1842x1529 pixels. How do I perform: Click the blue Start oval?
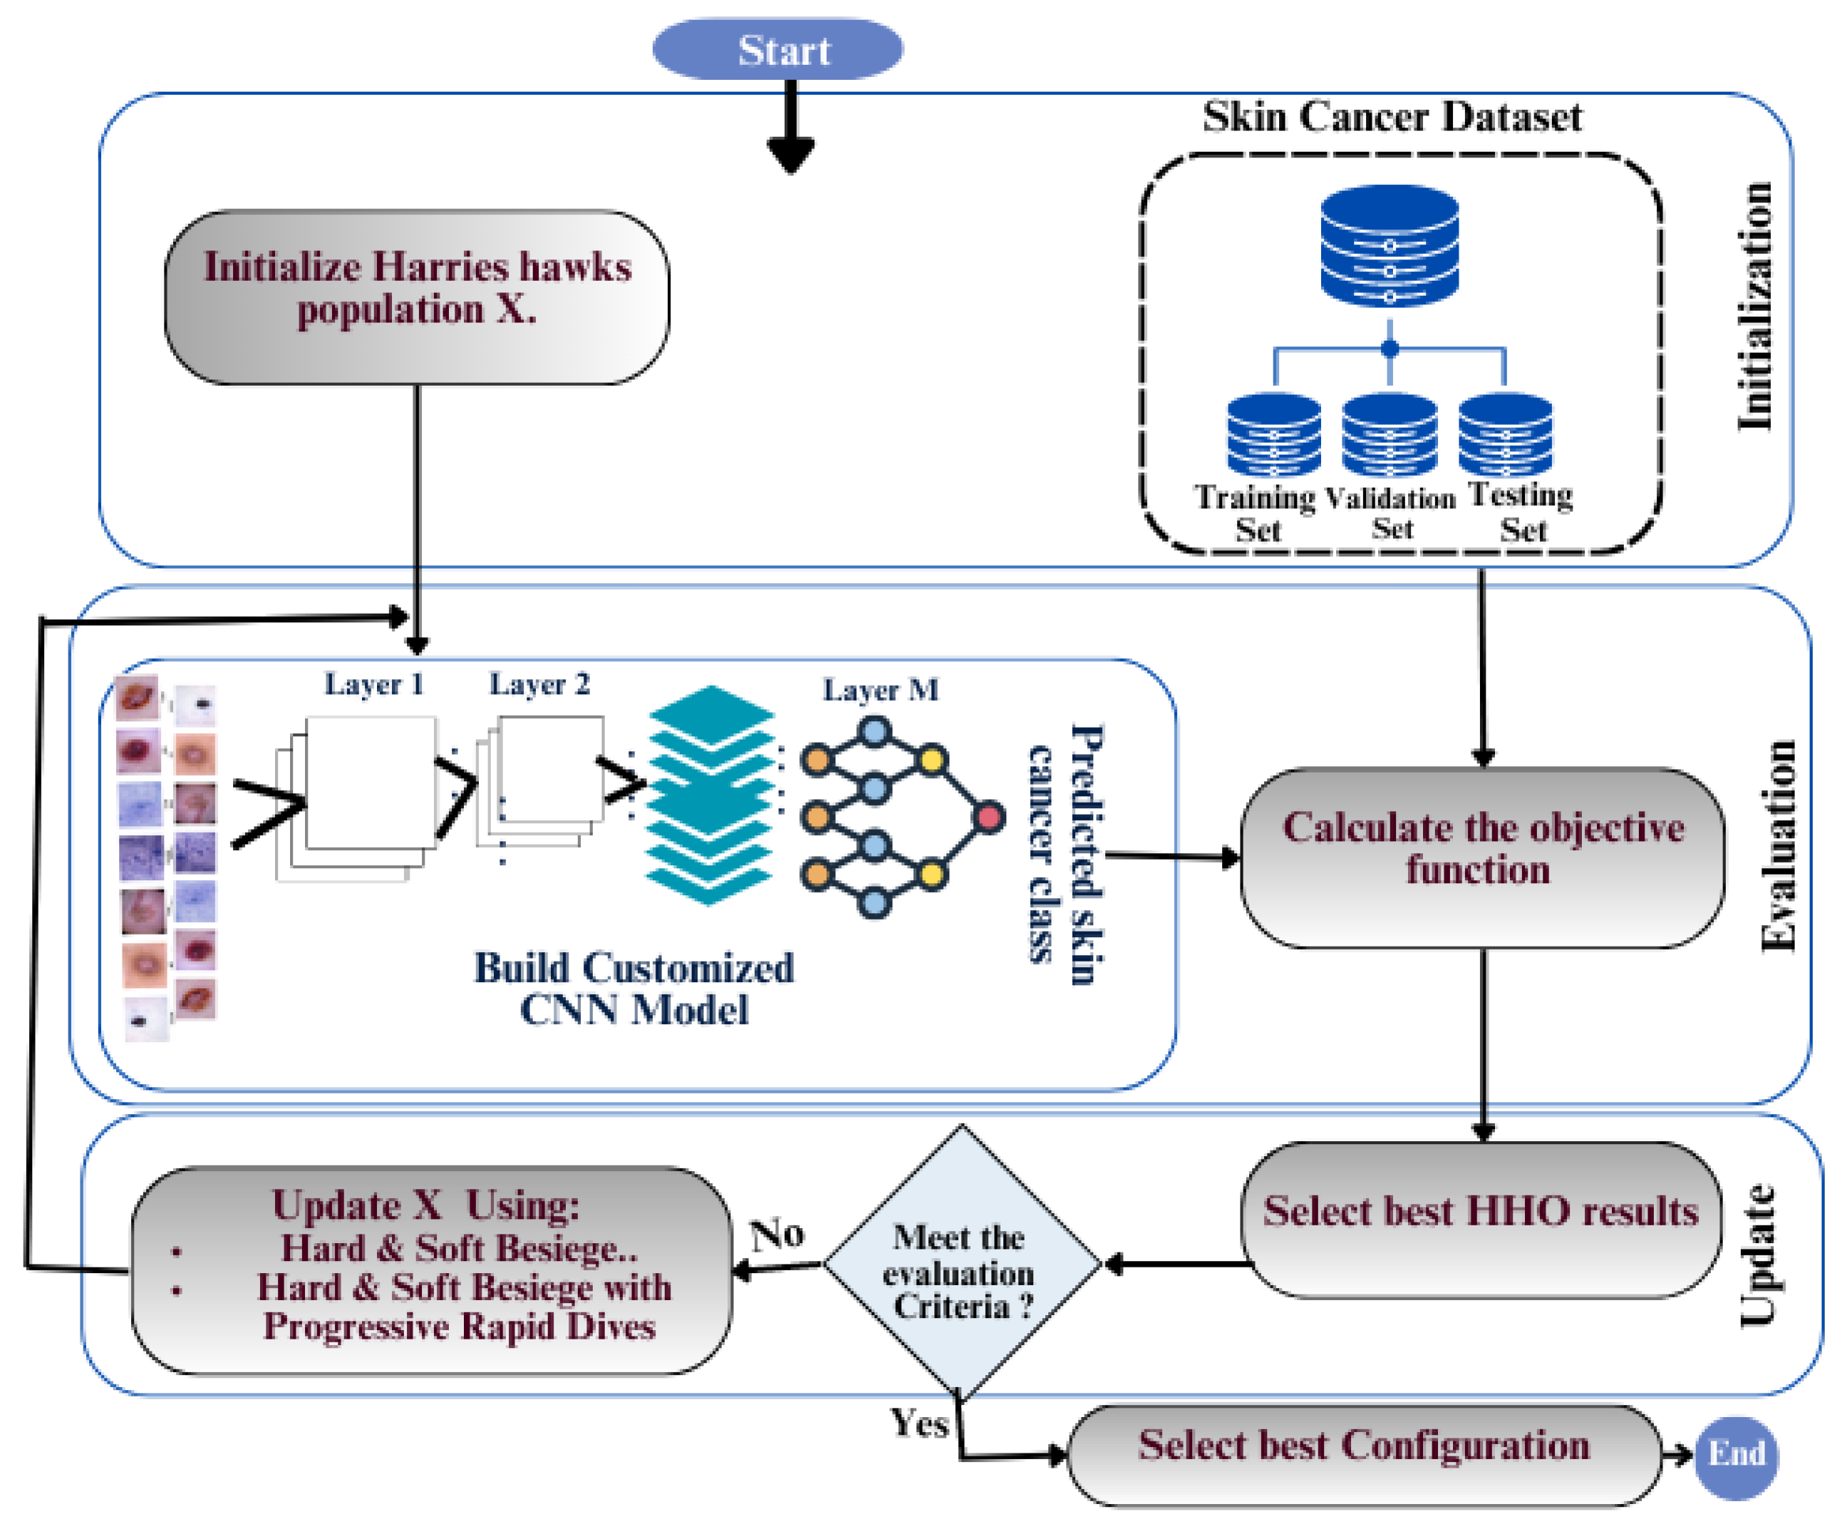[777, 49]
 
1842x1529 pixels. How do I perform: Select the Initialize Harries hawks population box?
[417, 297]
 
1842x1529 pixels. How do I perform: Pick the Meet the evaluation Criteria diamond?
[961, 1263]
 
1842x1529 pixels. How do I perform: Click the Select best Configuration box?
[1364, 1456]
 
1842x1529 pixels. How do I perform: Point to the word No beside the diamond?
[777, 1235]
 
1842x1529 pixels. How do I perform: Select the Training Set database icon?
[1273, 433]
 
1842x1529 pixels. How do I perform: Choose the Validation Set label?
[1390, 513]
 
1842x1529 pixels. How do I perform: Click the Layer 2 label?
[539, 684]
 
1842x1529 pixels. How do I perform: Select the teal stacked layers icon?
[710, 795]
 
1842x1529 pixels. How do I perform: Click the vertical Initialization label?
[1754, 307]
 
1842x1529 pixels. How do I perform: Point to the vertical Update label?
[1757, 1255]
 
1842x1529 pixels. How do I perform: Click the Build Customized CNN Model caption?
[633, 989]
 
